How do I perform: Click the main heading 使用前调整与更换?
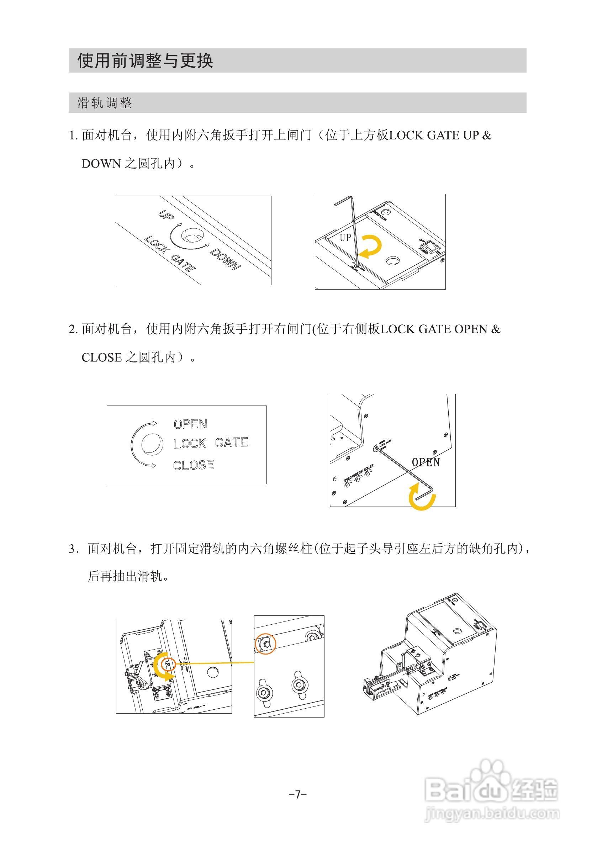pos(145,60)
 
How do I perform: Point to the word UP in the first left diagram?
pos(166,215)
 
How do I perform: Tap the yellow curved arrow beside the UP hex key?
pos(371,247)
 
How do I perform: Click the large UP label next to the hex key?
pos(345,238)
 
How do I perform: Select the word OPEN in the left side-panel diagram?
pos(190,424)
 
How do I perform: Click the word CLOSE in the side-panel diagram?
pos(193,465)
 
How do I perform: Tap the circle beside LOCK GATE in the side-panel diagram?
pos(152,444)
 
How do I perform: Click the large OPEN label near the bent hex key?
pos(426,462)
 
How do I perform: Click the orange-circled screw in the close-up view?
pos(266,644)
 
